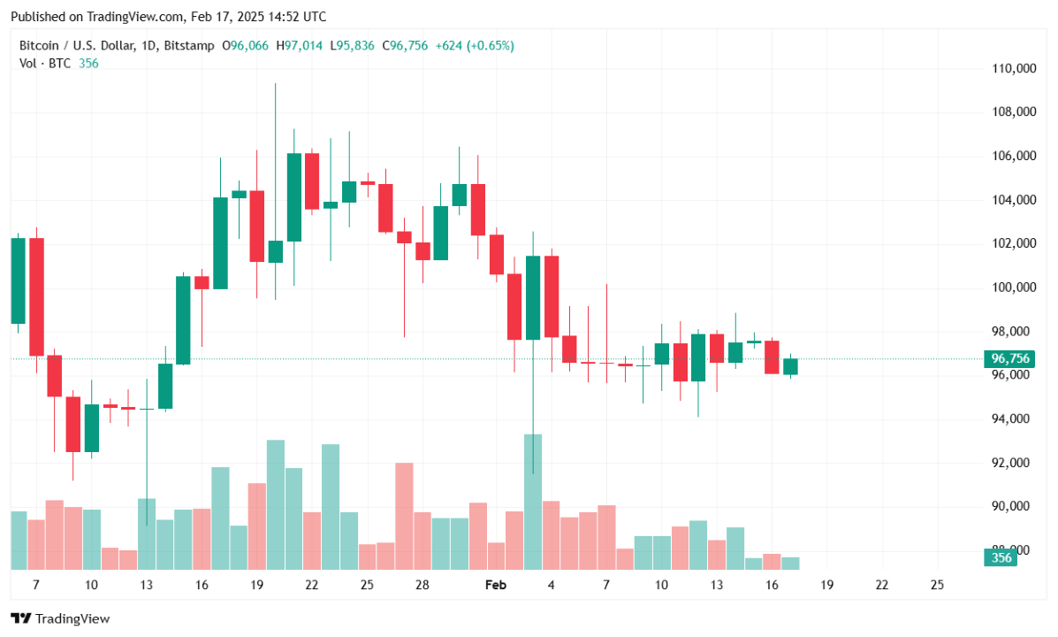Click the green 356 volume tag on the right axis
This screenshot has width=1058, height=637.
[1001, 558]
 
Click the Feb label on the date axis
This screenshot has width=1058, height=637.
[496, 585]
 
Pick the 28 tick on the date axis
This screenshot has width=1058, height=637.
[422, 585]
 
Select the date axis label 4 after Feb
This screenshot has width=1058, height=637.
[551, 585]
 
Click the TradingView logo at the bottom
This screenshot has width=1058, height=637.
[60, 618]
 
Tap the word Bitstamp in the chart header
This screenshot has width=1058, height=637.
[189, 45]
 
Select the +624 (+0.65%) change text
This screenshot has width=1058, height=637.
[475, 45]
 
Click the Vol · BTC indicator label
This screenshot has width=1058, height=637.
[46, 63]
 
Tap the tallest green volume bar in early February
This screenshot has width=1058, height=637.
[533, 502]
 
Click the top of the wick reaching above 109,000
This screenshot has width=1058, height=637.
[275, 85]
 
